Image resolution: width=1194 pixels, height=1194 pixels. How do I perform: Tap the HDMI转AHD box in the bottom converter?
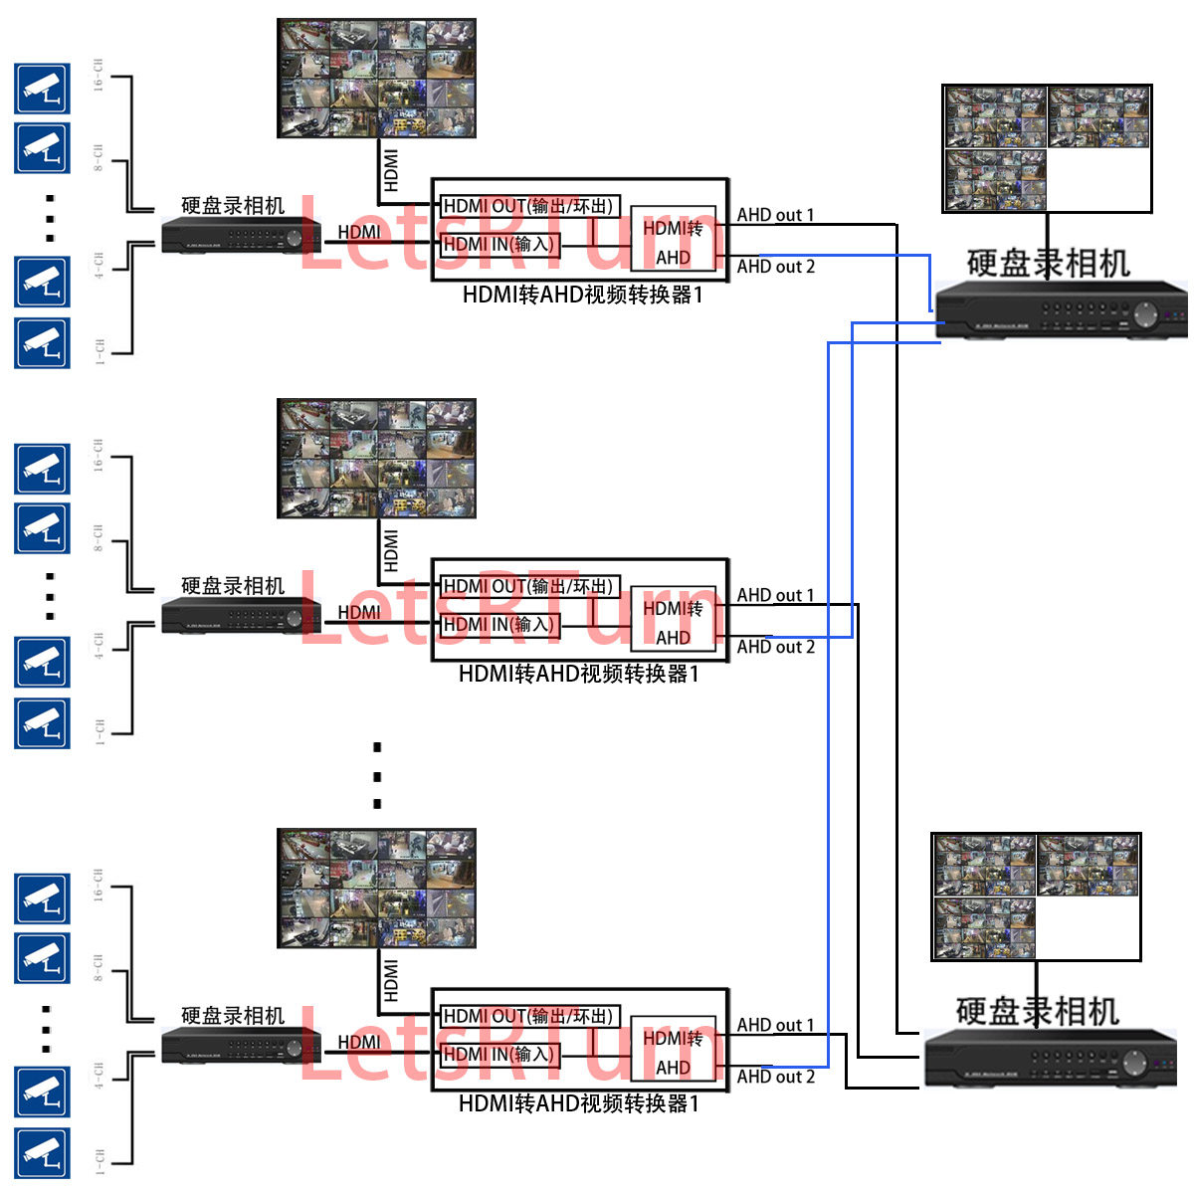[673, 1053]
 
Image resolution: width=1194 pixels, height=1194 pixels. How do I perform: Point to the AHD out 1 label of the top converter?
[775, 215]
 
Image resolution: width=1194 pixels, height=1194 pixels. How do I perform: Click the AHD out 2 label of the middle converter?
[775, 647]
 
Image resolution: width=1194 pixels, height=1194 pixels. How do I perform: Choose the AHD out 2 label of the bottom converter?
[775, 1077]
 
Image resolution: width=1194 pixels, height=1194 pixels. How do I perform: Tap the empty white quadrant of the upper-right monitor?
[1098, 180]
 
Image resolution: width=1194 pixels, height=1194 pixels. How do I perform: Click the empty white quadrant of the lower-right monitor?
[1088, 928]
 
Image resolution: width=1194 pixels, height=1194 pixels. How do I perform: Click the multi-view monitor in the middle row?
[376, 459]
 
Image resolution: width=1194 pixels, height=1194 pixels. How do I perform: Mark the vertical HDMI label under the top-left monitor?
[391, 170]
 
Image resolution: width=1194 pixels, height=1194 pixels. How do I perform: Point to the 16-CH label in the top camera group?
[99, 76]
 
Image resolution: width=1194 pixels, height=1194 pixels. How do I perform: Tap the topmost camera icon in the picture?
[42, 89]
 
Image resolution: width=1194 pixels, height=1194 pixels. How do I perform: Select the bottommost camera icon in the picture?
[42, 1153]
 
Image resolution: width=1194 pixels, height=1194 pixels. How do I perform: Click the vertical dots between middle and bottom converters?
[377, 775]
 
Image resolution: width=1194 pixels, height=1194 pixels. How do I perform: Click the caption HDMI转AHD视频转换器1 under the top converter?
[582, 296]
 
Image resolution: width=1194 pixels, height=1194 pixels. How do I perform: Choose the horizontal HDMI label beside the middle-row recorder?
[358, 612]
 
